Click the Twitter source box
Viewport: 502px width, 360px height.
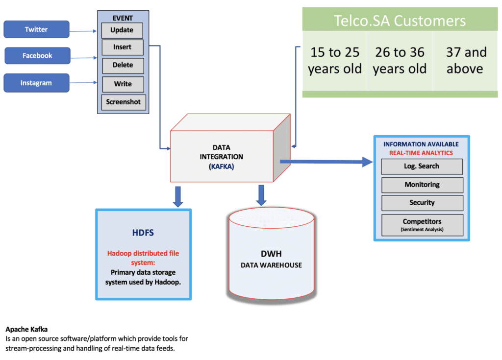pos(36,29)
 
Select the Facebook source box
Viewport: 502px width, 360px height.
pos(37,56)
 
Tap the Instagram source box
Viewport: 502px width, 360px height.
pos(36,83)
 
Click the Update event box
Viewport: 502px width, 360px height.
pos(122,30)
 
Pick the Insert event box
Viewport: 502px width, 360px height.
pos(123,48)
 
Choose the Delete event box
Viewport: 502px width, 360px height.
pos(123,66)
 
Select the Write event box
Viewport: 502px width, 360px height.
pos(123,84)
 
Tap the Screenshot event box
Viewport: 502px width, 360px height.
pos(124,102)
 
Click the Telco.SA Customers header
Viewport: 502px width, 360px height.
pos(400,21)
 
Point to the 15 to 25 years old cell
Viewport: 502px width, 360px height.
pos(335,61)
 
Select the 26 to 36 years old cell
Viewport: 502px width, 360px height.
pos(400,61)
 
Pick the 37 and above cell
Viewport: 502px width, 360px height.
pos(465,61)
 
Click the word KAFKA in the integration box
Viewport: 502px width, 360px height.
pos(221,167)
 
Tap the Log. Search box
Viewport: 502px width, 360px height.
pos(422,167)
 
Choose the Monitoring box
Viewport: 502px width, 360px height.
pos(422,185)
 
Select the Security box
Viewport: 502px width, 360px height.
pos(422,203)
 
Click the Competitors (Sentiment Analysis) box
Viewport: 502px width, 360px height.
pos(422,225)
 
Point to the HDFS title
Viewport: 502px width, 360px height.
pos(143,233)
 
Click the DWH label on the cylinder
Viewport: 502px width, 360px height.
pos(271,254)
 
